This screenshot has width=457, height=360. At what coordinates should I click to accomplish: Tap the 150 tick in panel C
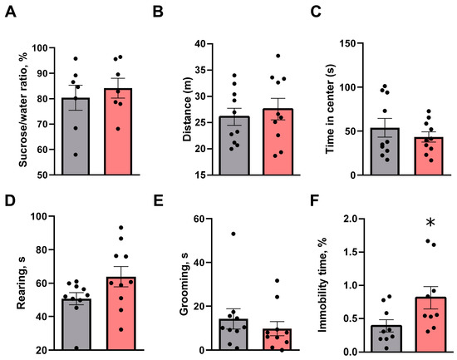coord(348,42)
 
